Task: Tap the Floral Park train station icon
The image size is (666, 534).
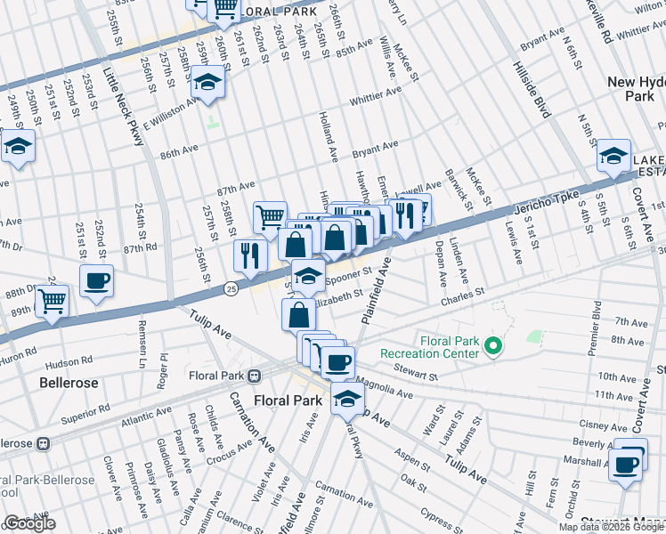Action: click(254, 375)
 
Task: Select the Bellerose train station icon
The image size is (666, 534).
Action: click(41, 442)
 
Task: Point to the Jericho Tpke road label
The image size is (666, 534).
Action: click(545, 204)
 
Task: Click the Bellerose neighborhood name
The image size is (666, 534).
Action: click(68, 382)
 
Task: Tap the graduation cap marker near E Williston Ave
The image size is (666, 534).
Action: click(207, 82)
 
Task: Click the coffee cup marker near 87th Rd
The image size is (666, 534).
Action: click(97, 280)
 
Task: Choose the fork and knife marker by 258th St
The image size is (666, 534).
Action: click(250, 255)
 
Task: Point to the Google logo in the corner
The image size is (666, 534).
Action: click(29, 524)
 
